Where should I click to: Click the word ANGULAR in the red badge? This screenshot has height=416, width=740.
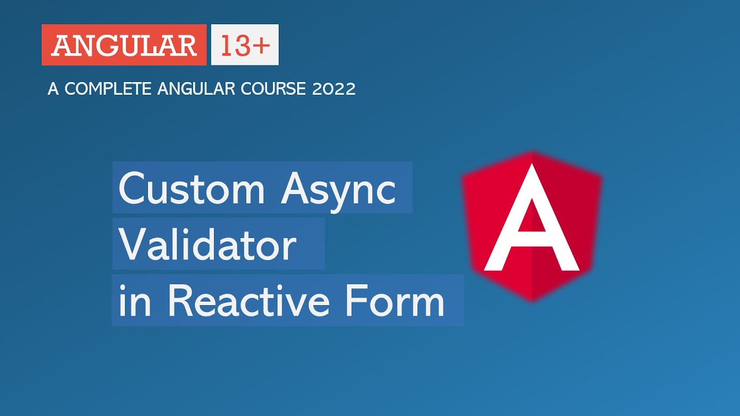tap(124, 45)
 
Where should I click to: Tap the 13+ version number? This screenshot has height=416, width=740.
tap(245, 45)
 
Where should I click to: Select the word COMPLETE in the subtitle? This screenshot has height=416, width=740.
tap(108, 89)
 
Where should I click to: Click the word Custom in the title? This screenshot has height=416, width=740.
tap(191, 188)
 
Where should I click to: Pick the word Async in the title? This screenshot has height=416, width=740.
tap(339, 188)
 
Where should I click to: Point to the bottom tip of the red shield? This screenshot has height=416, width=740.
tap(532, 300)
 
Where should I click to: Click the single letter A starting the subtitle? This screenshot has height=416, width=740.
tap(53, 89)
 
